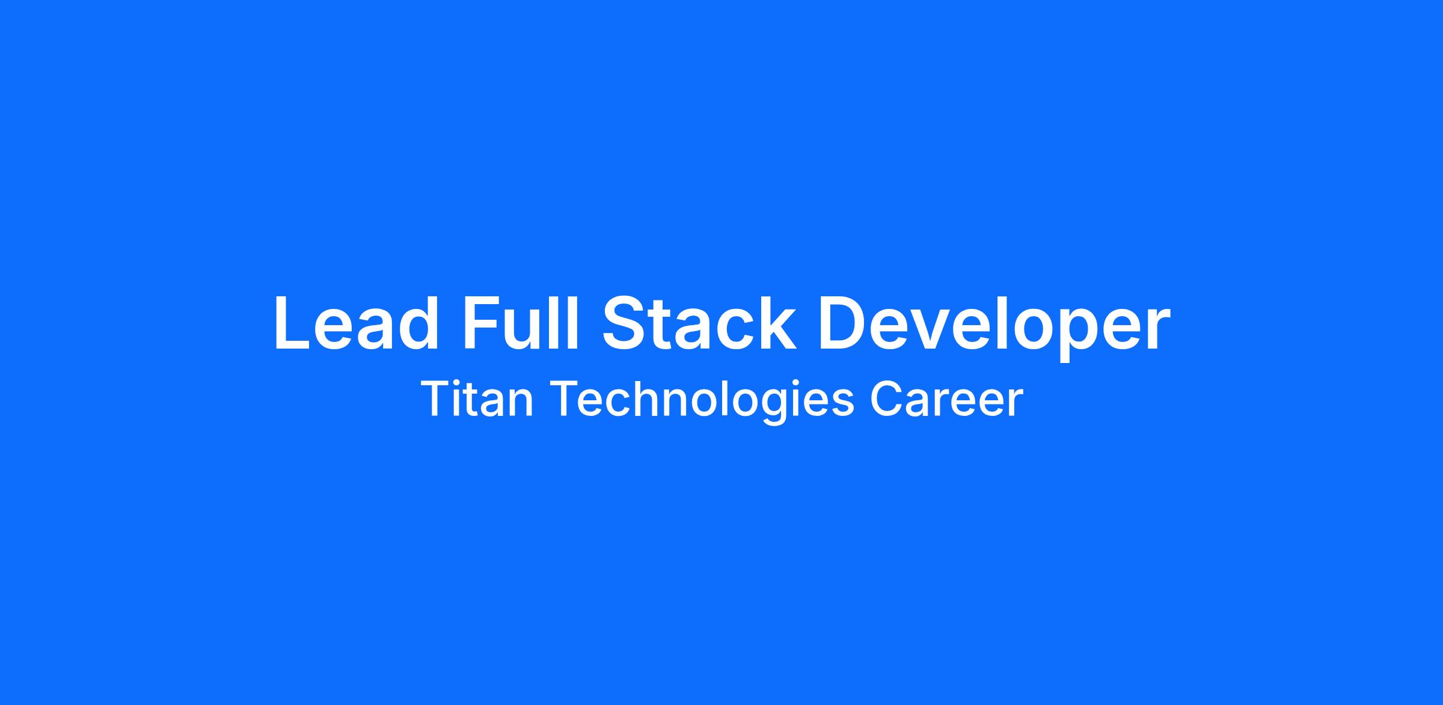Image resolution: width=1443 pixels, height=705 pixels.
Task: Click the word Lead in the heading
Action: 357,323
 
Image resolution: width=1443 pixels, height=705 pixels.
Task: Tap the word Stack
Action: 699,323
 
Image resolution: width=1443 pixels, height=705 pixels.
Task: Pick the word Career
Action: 946,399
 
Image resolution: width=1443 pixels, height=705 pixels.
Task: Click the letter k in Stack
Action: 777,323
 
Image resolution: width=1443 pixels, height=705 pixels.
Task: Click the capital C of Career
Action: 887,399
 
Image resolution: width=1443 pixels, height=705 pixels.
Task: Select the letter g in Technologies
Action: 785,407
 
